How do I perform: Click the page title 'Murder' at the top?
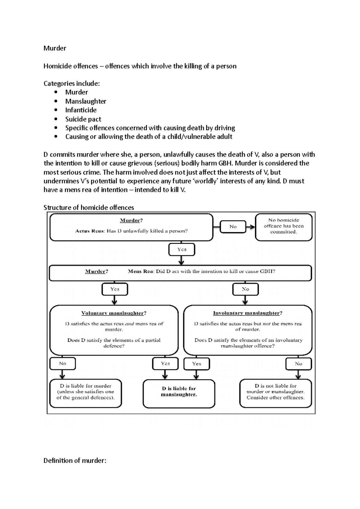click(55, 48)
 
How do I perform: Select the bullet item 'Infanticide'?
click(81, 110)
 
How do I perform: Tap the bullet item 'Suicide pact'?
click(83, 119)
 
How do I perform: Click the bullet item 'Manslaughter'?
click(85, 101)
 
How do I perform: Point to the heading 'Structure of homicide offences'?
click(88, 207)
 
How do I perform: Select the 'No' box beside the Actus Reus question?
click(233, 227)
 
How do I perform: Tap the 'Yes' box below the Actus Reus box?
click(182, 249)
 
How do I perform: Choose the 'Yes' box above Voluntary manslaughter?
click(115, 289)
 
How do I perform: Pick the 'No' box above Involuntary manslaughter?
click(245, 289)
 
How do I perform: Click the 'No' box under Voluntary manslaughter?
click(62, 364)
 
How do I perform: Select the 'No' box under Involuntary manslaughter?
click(298, 364)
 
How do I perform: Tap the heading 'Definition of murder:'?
click(75, 460)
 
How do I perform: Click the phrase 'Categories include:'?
click(71, 84)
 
